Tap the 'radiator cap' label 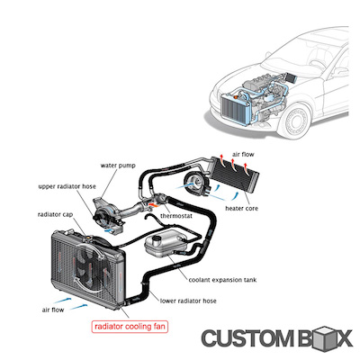[x=55, y=216]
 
